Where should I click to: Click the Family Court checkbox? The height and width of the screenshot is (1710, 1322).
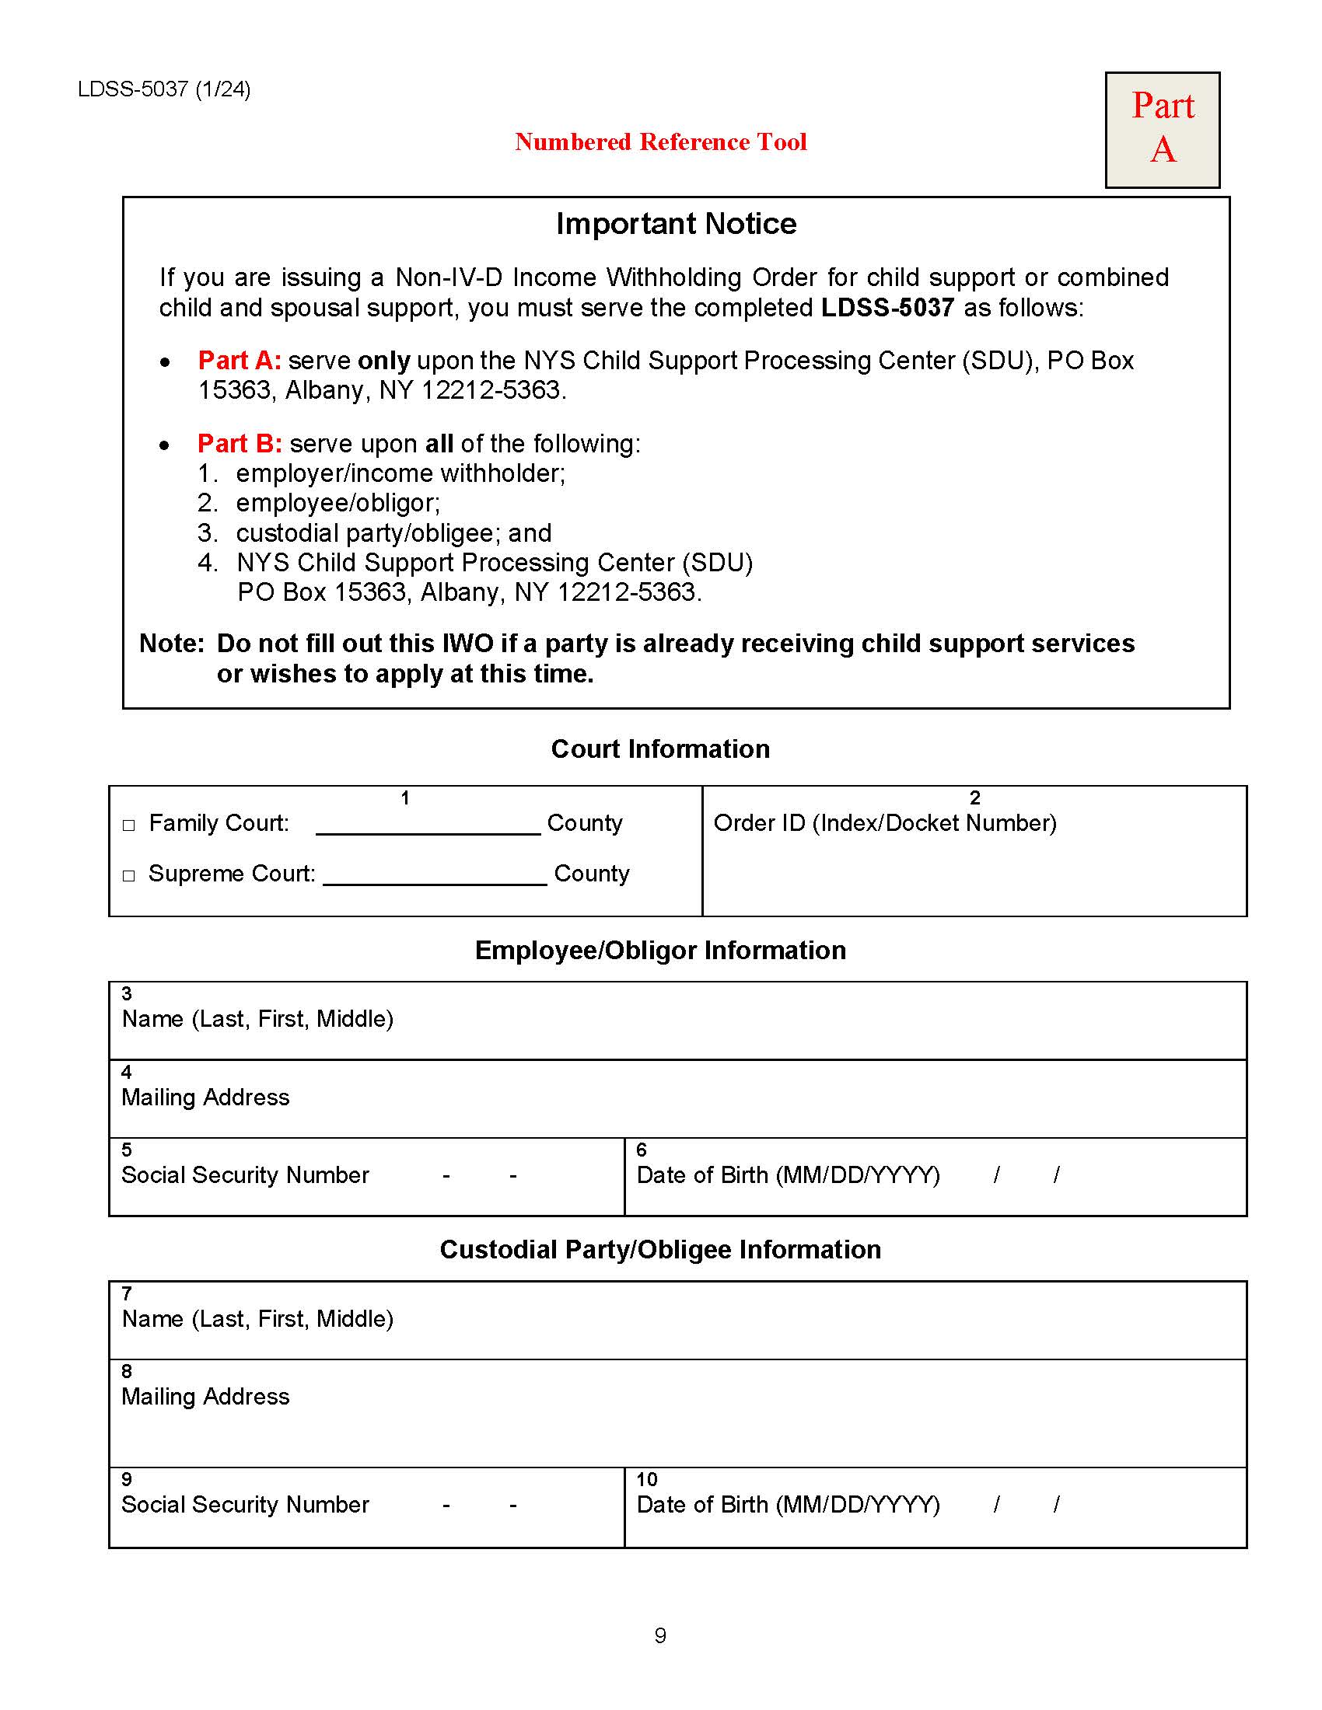click(129, 825)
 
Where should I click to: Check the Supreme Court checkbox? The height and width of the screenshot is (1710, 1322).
click(129, 875)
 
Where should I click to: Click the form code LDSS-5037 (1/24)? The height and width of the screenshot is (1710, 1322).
click(163, 89)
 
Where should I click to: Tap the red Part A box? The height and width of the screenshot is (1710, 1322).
click(1162, 129)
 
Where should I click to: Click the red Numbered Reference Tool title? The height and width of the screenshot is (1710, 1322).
click(660, 141)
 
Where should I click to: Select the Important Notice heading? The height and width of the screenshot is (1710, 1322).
click(676, 224)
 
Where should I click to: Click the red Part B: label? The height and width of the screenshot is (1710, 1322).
click(239, 444)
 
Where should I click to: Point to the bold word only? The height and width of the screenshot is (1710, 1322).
click(383, 361)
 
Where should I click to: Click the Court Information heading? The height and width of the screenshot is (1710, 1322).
click(660, 749)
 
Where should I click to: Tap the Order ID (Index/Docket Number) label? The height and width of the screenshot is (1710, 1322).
click(885, 823)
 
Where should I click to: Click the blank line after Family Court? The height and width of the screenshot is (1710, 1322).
click(428, 826)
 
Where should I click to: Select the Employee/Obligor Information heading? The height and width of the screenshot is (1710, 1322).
click(660, 950)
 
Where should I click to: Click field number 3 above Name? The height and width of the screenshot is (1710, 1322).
click(127, 993)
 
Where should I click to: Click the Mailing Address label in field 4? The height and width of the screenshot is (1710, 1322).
click(205, 1097)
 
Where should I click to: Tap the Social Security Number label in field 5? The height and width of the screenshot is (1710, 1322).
click(244, 1174)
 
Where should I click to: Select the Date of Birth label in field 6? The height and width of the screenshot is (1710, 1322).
click(788, 1174)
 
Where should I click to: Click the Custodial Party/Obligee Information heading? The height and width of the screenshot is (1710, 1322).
click(660, 1249)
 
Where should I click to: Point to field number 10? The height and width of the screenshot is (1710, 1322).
click(647, 1479)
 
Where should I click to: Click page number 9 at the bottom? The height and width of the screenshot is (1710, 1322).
click(660, 1635)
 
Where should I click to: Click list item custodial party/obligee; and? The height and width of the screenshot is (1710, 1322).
click(393, 533)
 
